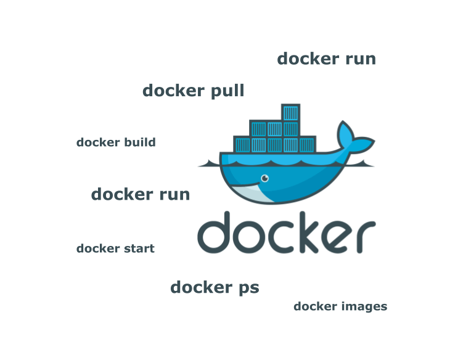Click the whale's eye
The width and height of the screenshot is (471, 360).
[x=264, y=178]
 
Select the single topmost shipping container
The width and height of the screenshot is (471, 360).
[x=291, y=113]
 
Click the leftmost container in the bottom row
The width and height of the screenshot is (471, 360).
[x=242, y=145]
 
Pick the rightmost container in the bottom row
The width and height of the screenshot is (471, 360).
[x=307, y=145]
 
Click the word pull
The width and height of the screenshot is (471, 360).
[x=227, y=91]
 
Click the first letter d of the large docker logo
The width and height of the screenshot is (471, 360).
[x=214, y=232]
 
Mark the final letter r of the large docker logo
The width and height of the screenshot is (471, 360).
[x=366, y=237]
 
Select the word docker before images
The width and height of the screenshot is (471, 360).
[x=316, y=306]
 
